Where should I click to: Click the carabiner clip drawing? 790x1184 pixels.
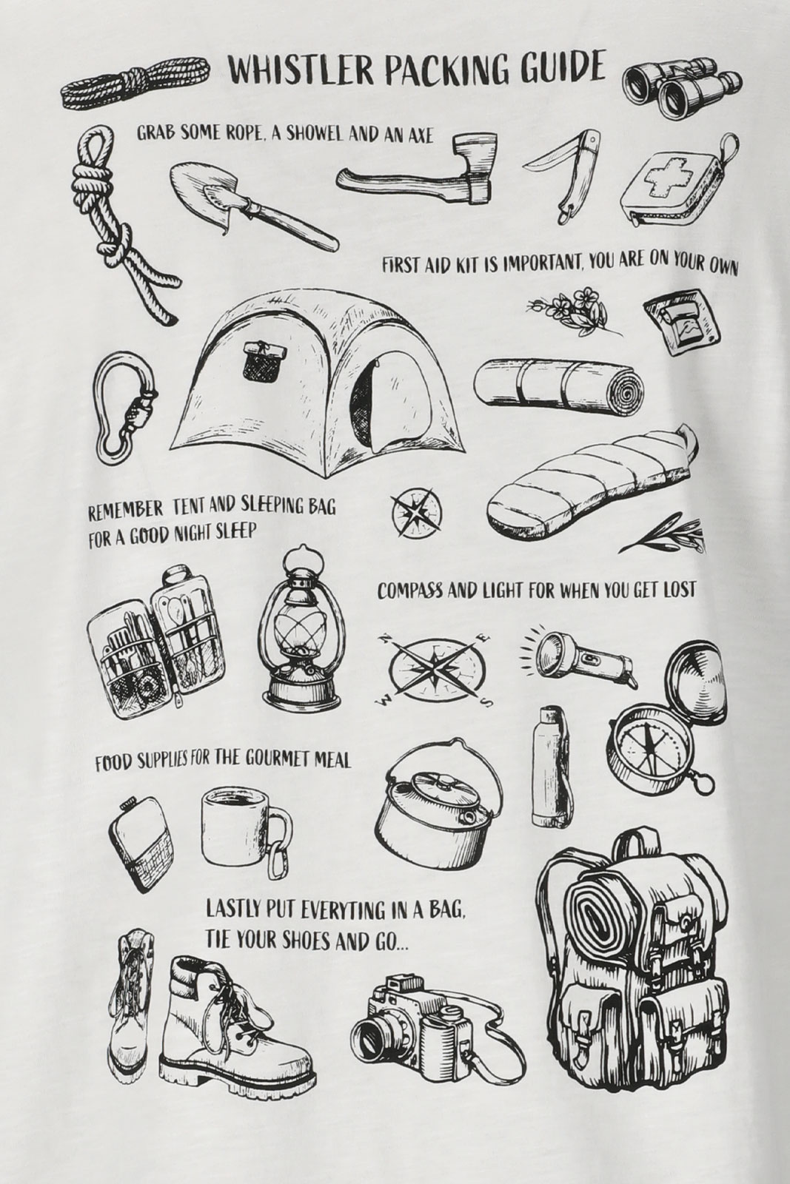[x=125, y=406]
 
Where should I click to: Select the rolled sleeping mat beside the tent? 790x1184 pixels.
[x=559, y=389]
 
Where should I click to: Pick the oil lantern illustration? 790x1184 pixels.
[x=299, y=626]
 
